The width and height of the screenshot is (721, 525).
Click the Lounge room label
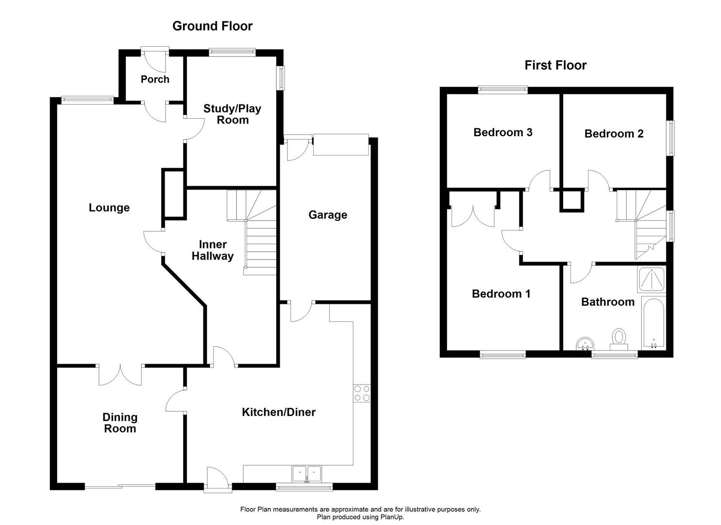pyautogui.click(x=109, y=208)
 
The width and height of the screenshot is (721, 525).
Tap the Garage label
pyautogui.click(x=328, y=215)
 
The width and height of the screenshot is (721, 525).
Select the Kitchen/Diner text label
pyautogui.click(x=279, y=412)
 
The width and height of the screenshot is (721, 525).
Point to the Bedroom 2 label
pyautogui.click(x=614, y=134)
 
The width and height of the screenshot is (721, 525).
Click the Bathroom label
pyautogui.click(x=607, y=302)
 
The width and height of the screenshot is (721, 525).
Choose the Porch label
pyautogui.click(x=155, y=79)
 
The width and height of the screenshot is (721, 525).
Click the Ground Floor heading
pyautogui.click(x=212, y=26)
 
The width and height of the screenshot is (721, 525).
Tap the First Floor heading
pyautogui.click(x=555, y=65)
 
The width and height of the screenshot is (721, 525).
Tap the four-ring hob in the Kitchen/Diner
pyautogui.click(x=362, y=393)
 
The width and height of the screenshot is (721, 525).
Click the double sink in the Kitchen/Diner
pyautogui.click(x=306, y=472)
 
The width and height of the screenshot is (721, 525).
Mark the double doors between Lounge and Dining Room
pyautogui.click(x=120, y=374)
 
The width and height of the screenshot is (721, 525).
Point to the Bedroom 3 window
pyautogui.click(x=503, y=89)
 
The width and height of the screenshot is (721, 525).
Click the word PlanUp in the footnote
pyautogui.click(x=391, y=517)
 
